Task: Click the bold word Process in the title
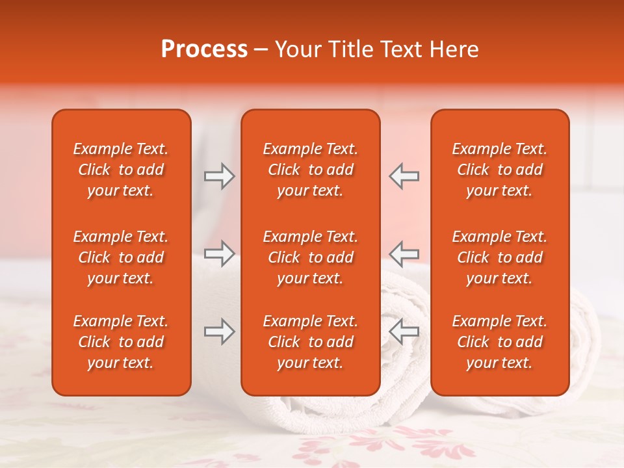[x=204, y=49]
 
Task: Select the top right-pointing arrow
[x=219, y=176]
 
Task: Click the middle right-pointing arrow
[x=219, y=253]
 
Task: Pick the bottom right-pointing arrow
[x=219, y=331]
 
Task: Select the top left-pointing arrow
[x=404, y=176]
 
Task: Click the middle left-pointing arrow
[x=404, y=253]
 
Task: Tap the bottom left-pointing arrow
[x=404, y=331]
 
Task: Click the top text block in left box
[x=121, y=170]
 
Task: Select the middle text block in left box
[x=121, y=257]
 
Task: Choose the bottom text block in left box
[x=121, y=342]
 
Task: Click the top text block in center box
[x=310, y=170]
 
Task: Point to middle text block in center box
[x=310, y=257]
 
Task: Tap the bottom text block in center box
[x=310, y=342]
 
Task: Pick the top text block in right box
[x=500, y=170]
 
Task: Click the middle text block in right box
[x=500, y=257]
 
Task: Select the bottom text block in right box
[x=500, y=342]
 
